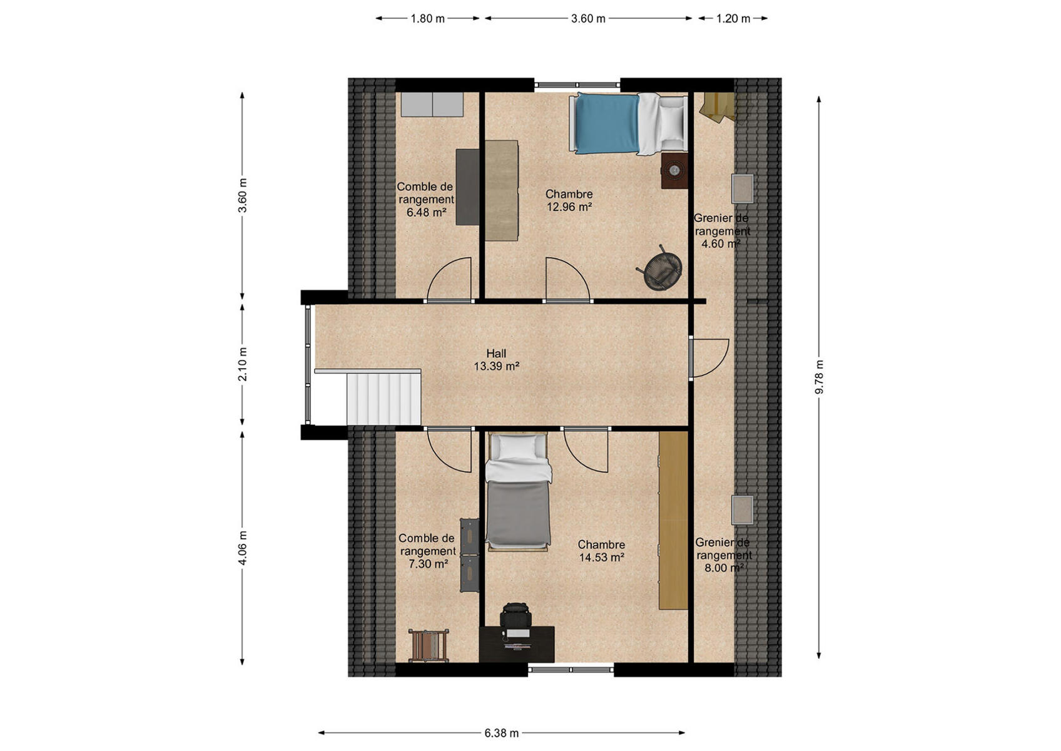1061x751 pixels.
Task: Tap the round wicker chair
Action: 661,270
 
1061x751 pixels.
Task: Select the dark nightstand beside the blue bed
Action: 674,171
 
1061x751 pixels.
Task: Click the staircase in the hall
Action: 383,399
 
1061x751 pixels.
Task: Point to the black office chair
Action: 515,617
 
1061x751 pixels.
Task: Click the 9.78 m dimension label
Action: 819,377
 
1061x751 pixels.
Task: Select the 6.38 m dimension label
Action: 501,733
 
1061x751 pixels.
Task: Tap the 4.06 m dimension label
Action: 243,548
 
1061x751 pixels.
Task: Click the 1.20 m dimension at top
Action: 733,19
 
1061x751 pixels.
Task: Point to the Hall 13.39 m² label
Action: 496,360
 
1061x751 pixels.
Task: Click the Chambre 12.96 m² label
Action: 569,200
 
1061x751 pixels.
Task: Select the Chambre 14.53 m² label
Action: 601,551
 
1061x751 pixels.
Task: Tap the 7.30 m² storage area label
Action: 427,551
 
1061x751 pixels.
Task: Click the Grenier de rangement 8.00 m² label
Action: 723,555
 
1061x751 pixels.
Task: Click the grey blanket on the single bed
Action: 518,512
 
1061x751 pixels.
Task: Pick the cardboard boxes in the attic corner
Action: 718,107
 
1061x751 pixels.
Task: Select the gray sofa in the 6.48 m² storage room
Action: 432,105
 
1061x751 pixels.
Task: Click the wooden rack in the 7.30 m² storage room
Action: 429,645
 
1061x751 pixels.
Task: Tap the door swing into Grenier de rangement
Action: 709,358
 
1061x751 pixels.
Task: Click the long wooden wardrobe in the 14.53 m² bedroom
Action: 673,520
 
